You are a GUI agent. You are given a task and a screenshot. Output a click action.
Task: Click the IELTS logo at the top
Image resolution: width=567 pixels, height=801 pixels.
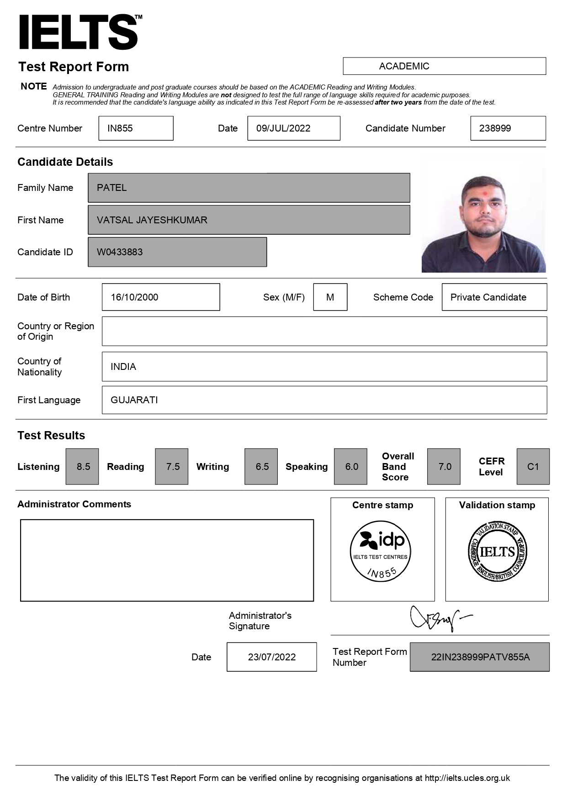(79, 32)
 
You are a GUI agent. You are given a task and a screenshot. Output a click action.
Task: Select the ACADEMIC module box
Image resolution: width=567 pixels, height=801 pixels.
(444, 66)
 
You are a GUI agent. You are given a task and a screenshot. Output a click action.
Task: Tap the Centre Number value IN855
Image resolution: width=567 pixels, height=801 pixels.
(136, 128)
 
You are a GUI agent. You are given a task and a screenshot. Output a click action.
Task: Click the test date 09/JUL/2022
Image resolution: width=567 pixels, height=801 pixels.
(293, 128)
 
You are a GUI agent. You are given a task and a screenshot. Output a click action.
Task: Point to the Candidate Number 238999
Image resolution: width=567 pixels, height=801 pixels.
(508, 128)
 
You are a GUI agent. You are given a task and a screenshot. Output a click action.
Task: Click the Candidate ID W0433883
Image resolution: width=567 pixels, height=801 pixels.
(177, 252)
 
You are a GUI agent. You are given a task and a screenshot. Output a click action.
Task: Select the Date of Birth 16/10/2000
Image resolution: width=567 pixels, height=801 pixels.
(160, 297)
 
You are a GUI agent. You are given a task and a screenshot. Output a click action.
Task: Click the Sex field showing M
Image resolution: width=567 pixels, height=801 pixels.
(330, 297)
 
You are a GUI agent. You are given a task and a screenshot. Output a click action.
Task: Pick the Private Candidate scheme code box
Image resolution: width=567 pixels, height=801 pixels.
(494, 297)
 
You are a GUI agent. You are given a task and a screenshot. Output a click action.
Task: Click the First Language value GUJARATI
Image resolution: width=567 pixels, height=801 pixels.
(324, 400)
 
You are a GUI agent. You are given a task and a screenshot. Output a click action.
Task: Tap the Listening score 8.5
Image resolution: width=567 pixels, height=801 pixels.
(82, 467)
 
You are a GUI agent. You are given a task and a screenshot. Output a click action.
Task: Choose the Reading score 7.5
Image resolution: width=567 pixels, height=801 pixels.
(172, 467)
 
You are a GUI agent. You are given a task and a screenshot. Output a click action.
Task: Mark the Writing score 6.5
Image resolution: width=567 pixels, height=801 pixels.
(261, 467)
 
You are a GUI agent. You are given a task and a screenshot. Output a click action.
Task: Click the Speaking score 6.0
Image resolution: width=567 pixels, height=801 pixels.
(350, 467)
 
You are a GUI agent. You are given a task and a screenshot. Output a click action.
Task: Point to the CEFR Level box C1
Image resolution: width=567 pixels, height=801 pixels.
(533, 467)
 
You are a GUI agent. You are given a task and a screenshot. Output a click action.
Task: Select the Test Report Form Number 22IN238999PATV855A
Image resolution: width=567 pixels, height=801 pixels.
(479, 657)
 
